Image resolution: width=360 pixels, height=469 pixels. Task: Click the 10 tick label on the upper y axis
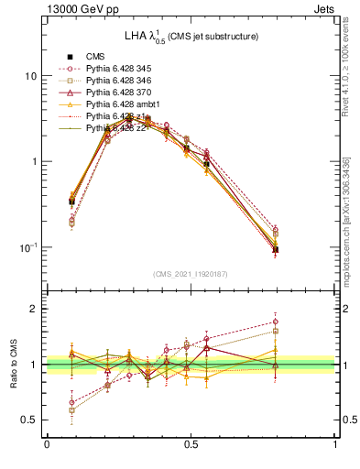(x=30, y=76)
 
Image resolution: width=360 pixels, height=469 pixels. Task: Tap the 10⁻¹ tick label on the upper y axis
(x=27, y=247)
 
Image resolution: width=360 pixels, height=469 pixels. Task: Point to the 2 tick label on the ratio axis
(x=34, y=309)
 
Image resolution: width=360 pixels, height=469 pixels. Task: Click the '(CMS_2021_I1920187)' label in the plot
(x=191, y=274)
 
